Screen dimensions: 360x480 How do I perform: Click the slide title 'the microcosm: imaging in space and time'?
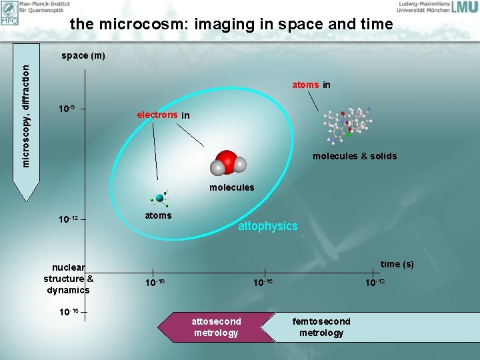[x=231, y=25]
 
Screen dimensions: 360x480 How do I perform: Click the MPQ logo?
[x=10, y=13]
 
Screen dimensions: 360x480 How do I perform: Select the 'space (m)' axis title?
[x=83, y=55]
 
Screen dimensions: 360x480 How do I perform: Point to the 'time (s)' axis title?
[x=397, y=264]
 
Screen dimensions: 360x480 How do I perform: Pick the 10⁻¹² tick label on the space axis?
[x=69, y=219]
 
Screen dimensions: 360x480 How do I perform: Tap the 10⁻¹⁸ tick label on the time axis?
[x=155, y=283]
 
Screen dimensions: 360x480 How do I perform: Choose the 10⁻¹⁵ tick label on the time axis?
[x=263, y=283]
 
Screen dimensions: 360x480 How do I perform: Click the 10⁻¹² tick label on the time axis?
[x=375, y=283]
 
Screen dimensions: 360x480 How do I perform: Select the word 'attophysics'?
[x=268, y=226]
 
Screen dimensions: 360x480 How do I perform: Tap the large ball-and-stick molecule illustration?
[x=347, y=124]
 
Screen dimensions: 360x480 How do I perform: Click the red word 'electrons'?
[x=157, y=115]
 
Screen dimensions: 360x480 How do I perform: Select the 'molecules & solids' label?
[x=355, y=156]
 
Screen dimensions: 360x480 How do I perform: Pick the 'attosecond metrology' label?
[x=216, y=327]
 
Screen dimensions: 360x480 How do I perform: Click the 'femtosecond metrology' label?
[x=321, y=327]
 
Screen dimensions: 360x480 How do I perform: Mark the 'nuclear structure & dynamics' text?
[x=68, y=279]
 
